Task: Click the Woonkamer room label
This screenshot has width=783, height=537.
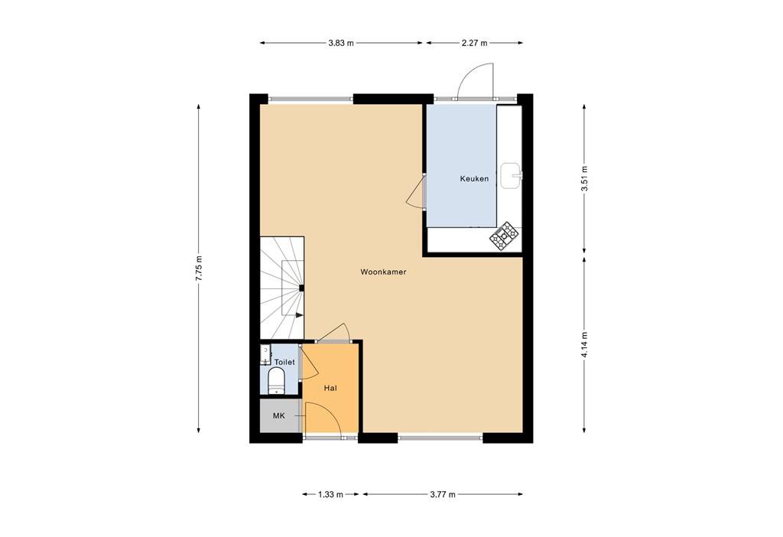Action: [383, 272]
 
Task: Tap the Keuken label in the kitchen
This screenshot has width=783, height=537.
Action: [473, 179]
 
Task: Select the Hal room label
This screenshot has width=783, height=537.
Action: [330, 389]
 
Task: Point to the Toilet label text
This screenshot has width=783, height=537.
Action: [284, 362]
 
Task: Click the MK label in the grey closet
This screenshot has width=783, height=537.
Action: [279, 415]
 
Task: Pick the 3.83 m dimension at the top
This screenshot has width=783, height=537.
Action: [341, 44]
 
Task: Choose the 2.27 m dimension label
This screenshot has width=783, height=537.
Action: [475, 44]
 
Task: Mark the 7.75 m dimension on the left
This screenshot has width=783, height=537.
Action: [199, 268]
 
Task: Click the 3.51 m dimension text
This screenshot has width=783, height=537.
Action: [585, 177]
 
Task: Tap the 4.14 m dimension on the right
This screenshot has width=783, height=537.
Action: [585, 344]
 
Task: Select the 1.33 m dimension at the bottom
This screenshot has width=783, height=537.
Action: [330, 494]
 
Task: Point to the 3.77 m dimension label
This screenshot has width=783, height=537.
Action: [442, 494]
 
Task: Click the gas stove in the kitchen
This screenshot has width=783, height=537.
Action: [504, 237]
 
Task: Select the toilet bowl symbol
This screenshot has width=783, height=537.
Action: [276, 380]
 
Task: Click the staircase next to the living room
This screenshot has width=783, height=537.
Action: [281, 287]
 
